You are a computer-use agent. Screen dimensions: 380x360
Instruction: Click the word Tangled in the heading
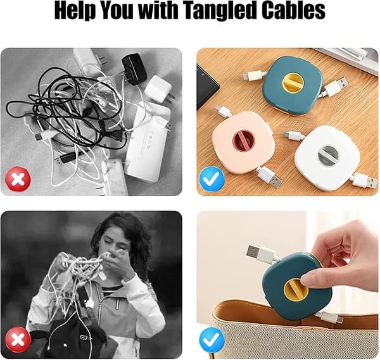tap(215, 11)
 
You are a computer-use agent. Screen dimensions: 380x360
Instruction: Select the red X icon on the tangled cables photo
tap(18, 179)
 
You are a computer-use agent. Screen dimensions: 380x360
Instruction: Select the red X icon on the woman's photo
tap(18, 340)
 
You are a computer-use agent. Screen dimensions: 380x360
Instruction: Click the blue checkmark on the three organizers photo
tap(212, 179)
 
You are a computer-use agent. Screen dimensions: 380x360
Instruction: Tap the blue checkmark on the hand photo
tap(212, 340)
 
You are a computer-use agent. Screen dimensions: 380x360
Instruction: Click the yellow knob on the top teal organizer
tap(293, 83)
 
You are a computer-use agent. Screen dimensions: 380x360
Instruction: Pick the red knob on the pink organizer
tap(243, 142)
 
